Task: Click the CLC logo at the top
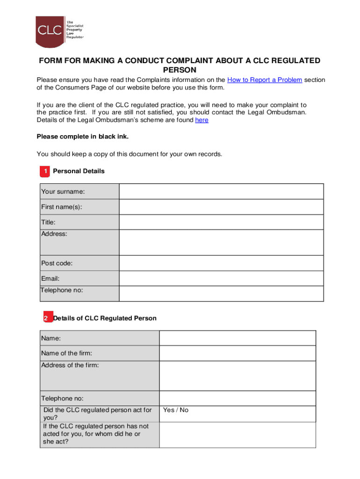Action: click(50, 31)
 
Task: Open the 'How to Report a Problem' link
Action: click(264, 80)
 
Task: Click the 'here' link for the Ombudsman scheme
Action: click(202, 120)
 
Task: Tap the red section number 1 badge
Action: click(45, 172)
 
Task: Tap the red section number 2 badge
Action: click(46, 319)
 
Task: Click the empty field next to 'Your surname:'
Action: click(221, 192)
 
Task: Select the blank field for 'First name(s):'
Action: click(221, 207)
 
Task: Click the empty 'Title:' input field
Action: click(221, 222)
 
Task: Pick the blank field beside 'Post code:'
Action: click(221, 263)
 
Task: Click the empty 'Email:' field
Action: click(221, 279)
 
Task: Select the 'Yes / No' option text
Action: click(176, 410)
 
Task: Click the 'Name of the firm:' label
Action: click(66, 354)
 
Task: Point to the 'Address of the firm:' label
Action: click(70, 365)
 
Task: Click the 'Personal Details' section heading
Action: click(79, 171)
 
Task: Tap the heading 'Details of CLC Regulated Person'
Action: click(105, 318)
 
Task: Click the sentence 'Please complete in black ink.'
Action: click(82, 137)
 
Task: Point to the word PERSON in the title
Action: click(180, 70)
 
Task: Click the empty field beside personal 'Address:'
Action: click(221, 242)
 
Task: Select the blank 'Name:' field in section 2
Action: click(238, 338)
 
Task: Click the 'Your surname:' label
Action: click(63, 191)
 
